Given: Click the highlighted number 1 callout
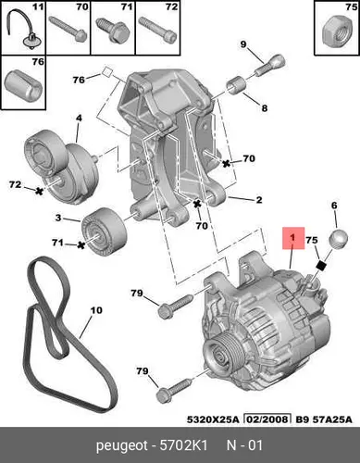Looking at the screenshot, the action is tap(293, 238).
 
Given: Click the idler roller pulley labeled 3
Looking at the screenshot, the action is tap(104, 230).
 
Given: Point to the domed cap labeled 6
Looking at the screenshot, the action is tap(339, 239).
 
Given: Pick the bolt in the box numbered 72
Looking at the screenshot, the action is tap(157, 30).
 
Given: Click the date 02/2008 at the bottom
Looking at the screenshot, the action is tap(267, 419).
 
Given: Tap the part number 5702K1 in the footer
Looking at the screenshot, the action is tap(183, 445).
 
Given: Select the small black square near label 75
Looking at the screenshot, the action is tap(322, 266).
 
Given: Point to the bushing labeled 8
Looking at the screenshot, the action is tap(237, 84).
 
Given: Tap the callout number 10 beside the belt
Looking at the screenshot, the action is tap(96, 310).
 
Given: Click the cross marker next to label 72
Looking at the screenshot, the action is tap(39, 192).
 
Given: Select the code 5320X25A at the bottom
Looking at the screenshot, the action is tap(213, 419).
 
